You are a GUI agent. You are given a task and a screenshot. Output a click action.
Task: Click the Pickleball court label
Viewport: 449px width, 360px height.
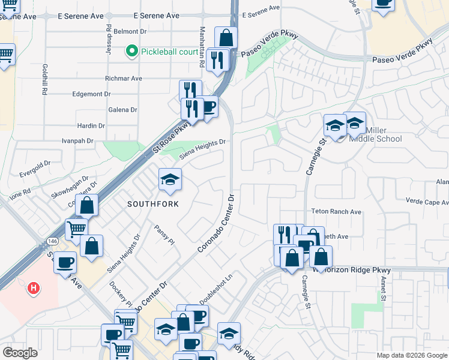click(x=169, y=52)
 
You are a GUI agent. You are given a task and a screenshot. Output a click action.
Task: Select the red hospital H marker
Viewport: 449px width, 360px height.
click(x=34, y=288)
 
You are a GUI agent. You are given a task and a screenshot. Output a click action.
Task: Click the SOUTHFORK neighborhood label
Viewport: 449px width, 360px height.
click(x=154, y=204)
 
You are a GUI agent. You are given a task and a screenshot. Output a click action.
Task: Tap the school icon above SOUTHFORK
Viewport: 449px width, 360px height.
click(x=170, y=179)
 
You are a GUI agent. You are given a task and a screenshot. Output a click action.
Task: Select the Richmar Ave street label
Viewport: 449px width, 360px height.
click(x=124, y=79)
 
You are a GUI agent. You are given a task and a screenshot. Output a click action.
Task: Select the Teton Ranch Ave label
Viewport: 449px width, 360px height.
click(x=336, y=212)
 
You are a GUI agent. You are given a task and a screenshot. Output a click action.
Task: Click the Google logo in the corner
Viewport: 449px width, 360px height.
click(x=20, y=353)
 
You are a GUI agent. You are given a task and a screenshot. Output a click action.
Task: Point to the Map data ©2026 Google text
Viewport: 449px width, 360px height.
click(x=412, y=355)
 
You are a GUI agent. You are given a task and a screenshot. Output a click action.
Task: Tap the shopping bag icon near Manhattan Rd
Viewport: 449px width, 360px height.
click(x=226, y=38)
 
